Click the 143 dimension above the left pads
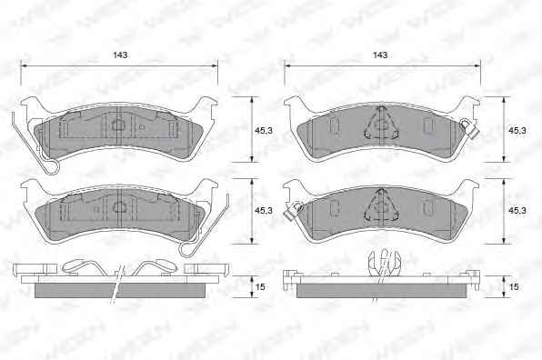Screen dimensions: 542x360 pyautogui.click(x=120, y=55)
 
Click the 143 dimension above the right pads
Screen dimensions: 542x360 pyautogui.click(x=380, y=55)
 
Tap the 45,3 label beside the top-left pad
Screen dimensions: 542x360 pyautogui.click(x=264, y=131)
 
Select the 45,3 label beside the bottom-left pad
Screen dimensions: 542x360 pyautogui.click(x=264, y=210)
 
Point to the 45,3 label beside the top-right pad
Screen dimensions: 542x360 pyautogui.click(x=517, y=131)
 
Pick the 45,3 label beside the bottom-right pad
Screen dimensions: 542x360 pyautogui.click(x=517, y=210)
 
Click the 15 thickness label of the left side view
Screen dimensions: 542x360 pyautogui.click(x=260, y=286)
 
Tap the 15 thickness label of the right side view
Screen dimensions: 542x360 pyautogui.click(x=514, y=286)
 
